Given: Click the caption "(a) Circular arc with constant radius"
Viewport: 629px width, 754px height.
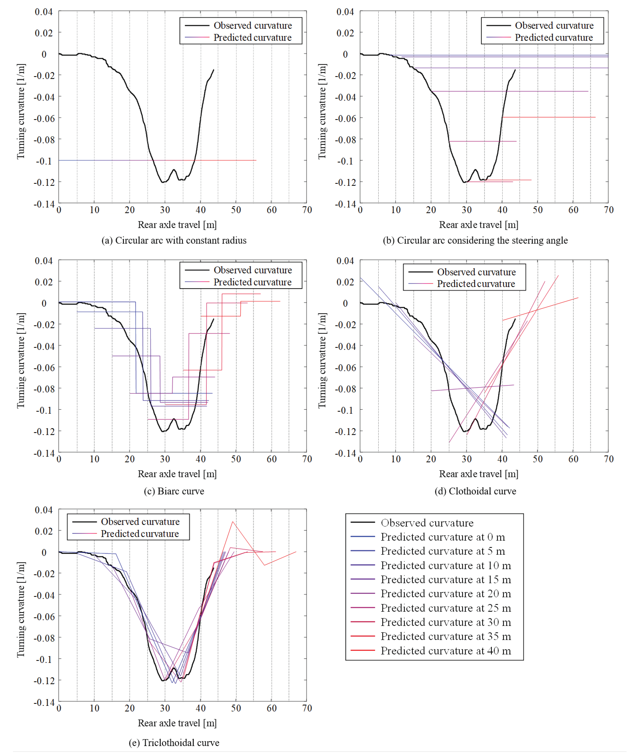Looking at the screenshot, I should pyautogui.click(x=174, y=240).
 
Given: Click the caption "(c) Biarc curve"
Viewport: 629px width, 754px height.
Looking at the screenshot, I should pyautogui.click(x=174, y=491).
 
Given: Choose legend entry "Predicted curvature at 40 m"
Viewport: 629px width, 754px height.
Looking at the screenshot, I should pyautogui.click(x=445, y=651).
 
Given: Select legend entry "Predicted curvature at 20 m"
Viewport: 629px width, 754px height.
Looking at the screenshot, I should pyautogui.click(x=445, y=593).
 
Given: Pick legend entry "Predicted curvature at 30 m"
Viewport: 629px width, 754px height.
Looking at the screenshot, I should pyautogui.click(x=445, y=622).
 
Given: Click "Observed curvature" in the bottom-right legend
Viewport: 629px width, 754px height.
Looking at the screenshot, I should pyautogui.click(x=427, y=523).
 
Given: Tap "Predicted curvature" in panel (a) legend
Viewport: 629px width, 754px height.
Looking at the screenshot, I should pyautogui.click(x=252, y=37).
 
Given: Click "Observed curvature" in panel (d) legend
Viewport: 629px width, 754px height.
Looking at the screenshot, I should pyautogui.click(x=476, y=272).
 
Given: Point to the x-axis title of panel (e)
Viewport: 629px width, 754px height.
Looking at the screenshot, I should pyautogui.click(x=177, y=723).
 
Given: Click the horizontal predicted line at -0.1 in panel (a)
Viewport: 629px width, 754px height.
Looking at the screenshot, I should pyautogui.click(x=108, y=160).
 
